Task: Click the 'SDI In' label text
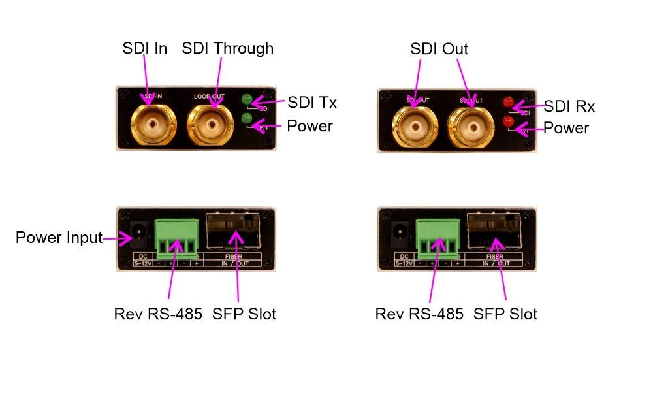tap(145, 49)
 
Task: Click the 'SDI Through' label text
tap(228, 49)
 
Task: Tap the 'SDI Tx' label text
tap(312, 103)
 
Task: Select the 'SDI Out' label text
tap(439, 50)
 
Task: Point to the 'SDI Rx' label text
tap(569, 106)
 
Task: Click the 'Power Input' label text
tap(59, 238)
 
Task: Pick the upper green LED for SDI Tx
tap(247, 100)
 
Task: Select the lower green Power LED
tap(247, 118)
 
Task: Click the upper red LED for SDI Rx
tap(508, 102)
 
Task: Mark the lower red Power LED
tap(508, 121)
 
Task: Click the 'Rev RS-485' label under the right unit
tap(419, 314)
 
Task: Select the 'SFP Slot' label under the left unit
tap(244, 314)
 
